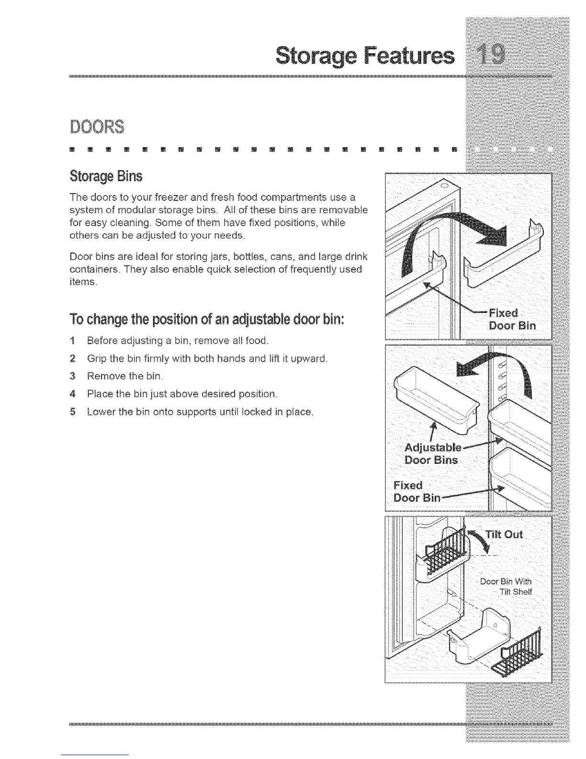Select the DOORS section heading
96,127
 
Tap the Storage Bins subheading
106,176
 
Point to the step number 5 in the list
72,412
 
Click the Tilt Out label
504,535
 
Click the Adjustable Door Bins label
432,454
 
